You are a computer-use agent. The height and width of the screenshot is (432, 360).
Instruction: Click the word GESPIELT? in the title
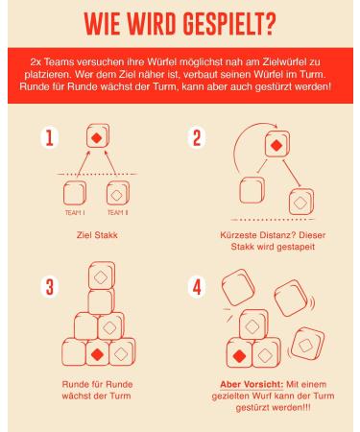click(x=229, y=24)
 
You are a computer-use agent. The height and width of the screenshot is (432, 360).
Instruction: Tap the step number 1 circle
click(x=50, y=138)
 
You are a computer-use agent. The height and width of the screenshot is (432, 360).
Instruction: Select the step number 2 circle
click(x=197, y=138)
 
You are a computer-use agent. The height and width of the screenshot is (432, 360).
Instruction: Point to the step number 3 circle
click(x=50, y=287)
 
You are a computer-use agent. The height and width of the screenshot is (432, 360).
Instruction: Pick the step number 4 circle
click(x=197, y=287)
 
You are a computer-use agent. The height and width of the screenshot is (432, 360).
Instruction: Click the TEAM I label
click(x=75, y=212)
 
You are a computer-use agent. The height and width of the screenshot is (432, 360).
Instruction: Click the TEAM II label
click(x=117, y=212)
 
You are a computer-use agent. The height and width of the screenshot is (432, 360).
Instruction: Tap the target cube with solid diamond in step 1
click(x=98, y=136)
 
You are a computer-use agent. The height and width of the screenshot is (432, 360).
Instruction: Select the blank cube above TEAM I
click(x=75, y=193)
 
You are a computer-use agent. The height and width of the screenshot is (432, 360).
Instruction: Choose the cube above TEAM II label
click(x=118, y=193)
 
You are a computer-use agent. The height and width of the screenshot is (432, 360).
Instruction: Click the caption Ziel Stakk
click(x=97, y=235)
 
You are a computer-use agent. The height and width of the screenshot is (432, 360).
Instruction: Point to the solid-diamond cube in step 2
click(x=277, y=144)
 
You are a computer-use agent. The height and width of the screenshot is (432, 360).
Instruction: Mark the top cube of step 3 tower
click(x=102, y=275)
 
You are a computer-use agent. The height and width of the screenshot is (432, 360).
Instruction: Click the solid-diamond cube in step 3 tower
click(x=98, y=352)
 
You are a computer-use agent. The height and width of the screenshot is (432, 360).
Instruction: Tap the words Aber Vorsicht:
click(x=252, y=384)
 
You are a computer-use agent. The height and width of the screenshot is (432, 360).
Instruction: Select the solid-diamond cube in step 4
click(x=239, y=353)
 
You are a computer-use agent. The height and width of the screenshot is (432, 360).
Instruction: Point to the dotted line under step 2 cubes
click(x=272, y=220)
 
